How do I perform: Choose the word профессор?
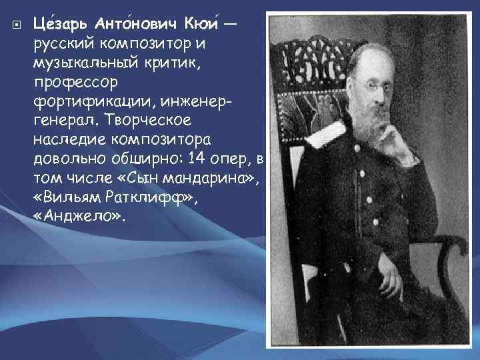[74, 83]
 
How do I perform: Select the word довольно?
[66, 161]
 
